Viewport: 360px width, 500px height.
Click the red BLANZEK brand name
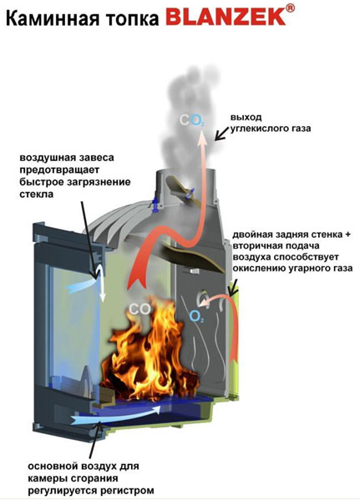(x=226, y=16)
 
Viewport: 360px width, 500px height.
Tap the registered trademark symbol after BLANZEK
(x=290, y=8)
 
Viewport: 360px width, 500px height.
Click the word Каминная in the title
(x=53, y=18)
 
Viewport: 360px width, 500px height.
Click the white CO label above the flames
(x=139, y=309)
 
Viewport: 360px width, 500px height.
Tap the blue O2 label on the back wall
(x=196, y=316)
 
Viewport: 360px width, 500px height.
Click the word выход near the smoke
(x=246, y=118)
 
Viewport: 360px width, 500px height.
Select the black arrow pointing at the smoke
(x=222, y=133)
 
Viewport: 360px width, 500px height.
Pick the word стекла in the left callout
(x=36, y=194)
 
